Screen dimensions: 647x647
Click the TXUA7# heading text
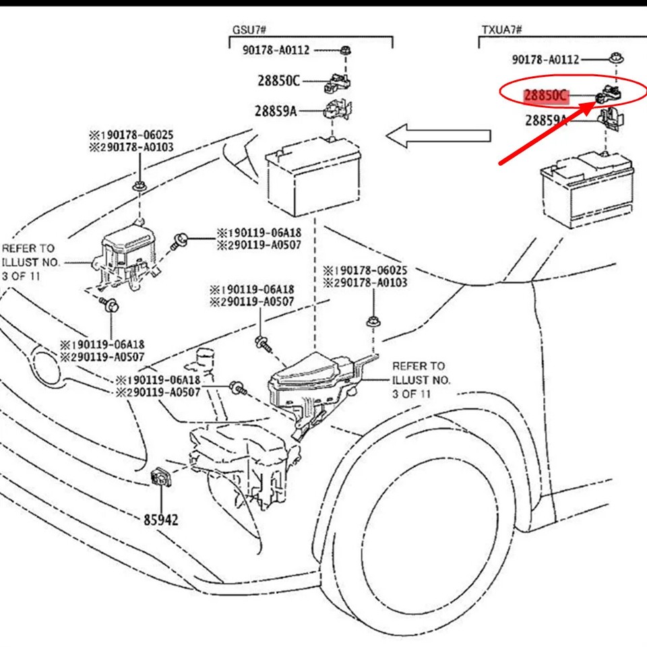(x=502, y=30)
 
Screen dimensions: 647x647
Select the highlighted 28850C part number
(x=547, y=95)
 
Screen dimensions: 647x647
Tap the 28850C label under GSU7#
(x=278, y=81)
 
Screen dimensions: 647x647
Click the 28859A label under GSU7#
(x=276, y=111)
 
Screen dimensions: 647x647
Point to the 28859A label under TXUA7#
(x=546, y=121)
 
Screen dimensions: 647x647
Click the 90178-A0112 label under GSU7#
(x=277, y=49)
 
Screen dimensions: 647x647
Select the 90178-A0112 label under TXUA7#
(x=545, y=59)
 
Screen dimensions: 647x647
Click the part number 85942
(x=161, y=520)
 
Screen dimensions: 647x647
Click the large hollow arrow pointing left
(x=438, y=135)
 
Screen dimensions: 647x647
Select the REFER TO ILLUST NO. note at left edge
(x=30, y=262)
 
